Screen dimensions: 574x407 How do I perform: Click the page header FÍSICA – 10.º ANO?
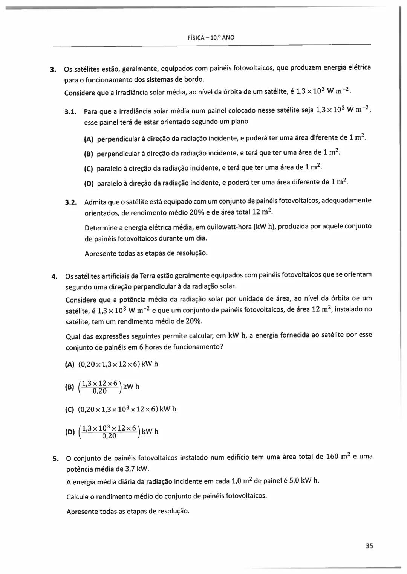coord(211,37)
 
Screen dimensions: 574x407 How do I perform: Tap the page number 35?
coord(369,546)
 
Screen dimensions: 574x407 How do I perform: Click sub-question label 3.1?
coord(70,111)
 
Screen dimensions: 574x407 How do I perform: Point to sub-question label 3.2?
coord(71,202)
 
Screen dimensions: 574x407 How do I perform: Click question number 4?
coord(54,277)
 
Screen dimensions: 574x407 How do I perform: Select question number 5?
coord(55,459)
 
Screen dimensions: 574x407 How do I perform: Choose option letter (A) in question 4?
coord(70,364)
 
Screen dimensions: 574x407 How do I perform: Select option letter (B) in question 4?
coord(70,387)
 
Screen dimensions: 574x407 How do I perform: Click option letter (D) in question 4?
coord(70,432)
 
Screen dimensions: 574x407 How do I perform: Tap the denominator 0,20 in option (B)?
coord(99,391)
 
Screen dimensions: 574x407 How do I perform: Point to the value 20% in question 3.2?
coord(197,212)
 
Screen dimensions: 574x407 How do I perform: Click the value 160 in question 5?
coord(332,457)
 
